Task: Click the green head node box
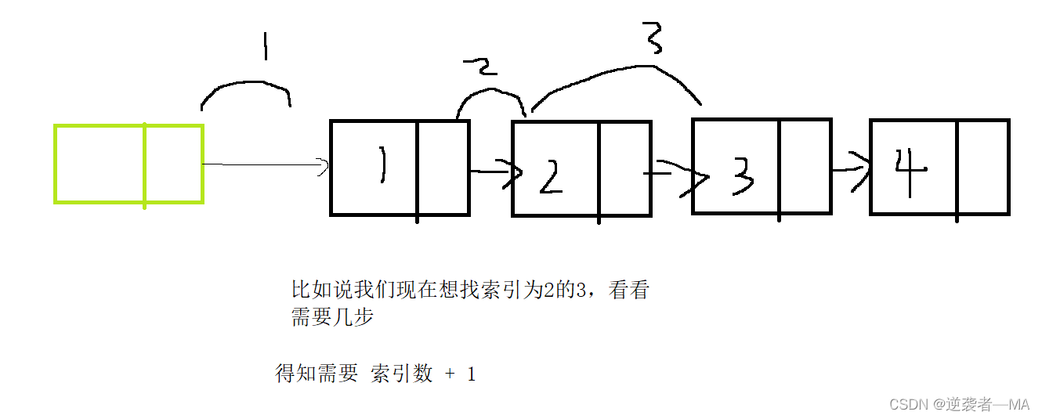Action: click(x=128, y=164)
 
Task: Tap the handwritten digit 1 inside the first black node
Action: click(x=382, y=166)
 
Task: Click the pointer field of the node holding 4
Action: click(x=983, y=167)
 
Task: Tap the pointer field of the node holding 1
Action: click(x=443, y=168)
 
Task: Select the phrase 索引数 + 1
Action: click(x=423, y=374)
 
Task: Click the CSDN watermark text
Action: click(x=960, y=404)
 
